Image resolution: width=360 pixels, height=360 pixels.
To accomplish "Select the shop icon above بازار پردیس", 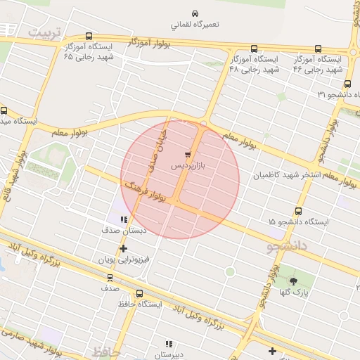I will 188,153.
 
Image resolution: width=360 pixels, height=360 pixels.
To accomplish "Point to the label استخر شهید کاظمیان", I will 286,174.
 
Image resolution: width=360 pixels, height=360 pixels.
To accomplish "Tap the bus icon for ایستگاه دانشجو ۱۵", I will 299,210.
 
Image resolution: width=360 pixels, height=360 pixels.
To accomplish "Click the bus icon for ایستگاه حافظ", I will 139,294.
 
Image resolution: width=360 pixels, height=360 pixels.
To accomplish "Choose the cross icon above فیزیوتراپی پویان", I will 124,248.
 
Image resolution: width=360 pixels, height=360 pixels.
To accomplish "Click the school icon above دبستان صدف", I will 124,219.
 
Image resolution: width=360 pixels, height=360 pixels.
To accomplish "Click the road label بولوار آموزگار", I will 150,43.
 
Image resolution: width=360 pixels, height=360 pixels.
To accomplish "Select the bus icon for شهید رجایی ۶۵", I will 88,37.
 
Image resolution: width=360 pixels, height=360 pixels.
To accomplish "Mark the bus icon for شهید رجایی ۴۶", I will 318,49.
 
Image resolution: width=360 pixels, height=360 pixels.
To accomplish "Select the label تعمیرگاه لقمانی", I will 196,25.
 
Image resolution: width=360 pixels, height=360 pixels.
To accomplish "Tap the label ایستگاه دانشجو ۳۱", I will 334,94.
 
